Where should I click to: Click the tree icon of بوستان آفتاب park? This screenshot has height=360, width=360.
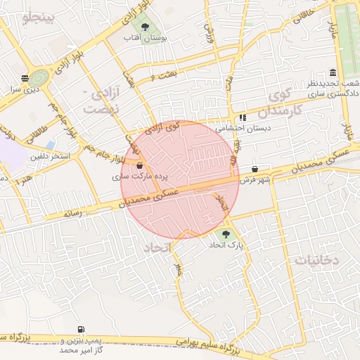click(145, 27)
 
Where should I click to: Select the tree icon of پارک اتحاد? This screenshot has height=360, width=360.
click(225, 235)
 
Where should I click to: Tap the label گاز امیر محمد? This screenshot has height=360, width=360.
click(76, 349)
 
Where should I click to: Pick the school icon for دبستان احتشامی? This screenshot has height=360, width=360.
click(243, 118)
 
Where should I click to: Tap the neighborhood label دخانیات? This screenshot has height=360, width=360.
click(316, 260)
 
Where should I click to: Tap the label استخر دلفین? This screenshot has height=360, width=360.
click(49, 156)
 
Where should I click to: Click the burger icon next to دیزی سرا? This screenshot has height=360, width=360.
click(25, 78)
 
